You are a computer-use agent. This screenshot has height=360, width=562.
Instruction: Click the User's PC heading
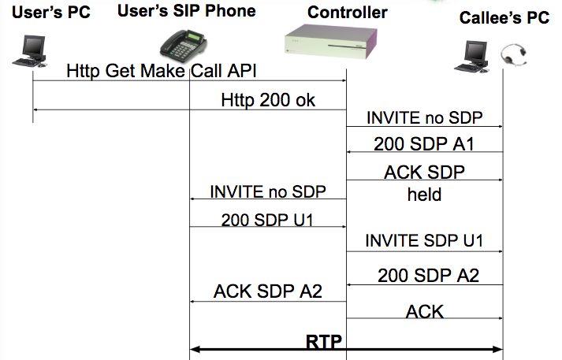[51, 12]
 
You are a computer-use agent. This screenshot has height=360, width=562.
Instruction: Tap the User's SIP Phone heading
[186, 11]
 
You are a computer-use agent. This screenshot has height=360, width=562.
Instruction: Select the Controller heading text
[348, 12]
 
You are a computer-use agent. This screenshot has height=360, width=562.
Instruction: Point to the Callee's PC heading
[504, 17]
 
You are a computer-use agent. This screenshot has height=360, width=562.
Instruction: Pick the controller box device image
[331, 41]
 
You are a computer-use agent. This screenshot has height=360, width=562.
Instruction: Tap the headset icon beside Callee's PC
[514, 55]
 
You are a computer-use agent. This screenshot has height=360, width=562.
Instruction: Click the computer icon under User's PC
[31, 51]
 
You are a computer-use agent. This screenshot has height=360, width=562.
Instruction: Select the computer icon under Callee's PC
[471, 57]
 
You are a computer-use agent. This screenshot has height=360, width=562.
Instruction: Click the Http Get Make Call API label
[162, 71]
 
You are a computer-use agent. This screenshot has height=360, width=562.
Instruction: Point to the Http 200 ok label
[268, 100]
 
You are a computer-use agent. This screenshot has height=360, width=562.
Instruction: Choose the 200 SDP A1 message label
[424, 144]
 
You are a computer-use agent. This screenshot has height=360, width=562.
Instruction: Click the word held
[424, 195]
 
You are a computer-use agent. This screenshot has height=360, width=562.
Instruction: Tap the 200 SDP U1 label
[267, 220]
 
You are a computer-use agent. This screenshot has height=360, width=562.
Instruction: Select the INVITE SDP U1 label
[424, 240]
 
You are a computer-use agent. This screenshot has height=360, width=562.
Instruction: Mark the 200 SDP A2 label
[428, 276]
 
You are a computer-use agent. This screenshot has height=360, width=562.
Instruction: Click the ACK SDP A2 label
[268, 291]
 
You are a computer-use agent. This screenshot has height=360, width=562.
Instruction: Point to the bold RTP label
[324, 341]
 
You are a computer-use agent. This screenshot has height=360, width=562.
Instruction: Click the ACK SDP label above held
[424, 173]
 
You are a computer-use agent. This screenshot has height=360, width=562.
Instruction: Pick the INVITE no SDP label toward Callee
[424, 118]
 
